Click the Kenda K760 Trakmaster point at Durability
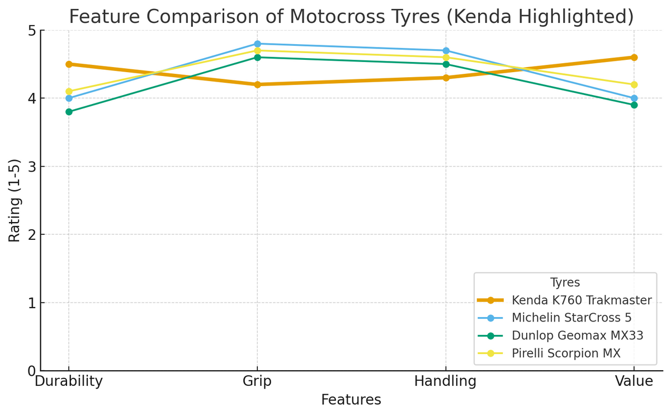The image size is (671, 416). pyautogui.click(x=69, y=64)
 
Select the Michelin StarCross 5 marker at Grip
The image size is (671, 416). pyautogui.click(x=257, y=44)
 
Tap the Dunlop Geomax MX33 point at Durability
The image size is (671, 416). pyautogui.click(x=69, y=112)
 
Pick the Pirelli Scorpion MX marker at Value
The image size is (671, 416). pyautogui.click(x=634, y=84)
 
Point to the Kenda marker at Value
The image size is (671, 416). pyautogui.click(x=634, y=57)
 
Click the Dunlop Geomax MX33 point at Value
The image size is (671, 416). pyautogui.click(x=634, y=105)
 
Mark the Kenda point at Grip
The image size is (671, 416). pyautogui.click(x=257, y=84)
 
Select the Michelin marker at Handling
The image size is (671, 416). pyautogui.click(x=446, y=50)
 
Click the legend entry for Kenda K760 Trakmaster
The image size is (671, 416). pyautogui.click(x=582, y=300)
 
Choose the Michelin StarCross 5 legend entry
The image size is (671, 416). pyautogui.click(x=571, y=318)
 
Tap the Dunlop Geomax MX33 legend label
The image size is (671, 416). pyautogui.click(x=577, y=335)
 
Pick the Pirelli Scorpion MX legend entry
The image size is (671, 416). pyautogui.click(x=566, y=353)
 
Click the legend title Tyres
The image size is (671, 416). pyautogui.click(x=565, y=282)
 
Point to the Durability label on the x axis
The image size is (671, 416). pyautogui.click(x=69, y=381)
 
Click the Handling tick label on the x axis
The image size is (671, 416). pyautogui.click(x=446, y=381)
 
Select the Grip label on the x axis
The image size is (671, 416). pyautogui.click(x=257, y=381)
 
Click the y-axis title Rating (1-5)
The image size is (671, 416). pyautogui.click(x=15, y=200)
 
